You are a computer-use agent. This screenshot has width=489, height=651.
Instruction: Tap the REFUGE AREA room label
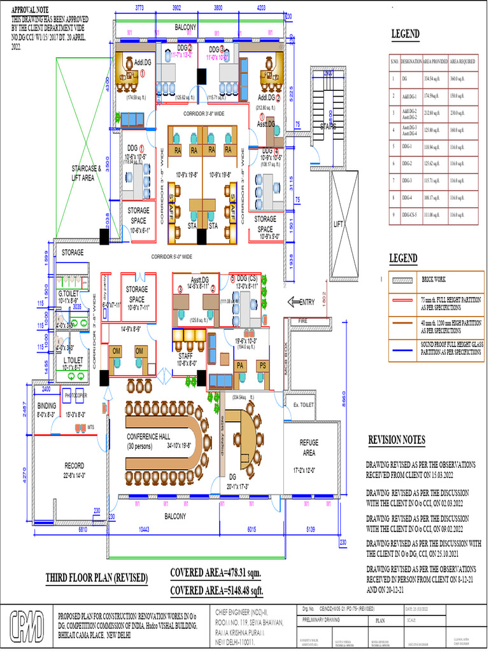[309, 447]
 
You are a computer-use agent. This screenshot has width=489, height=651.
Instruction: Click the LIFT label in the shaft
[339, 224]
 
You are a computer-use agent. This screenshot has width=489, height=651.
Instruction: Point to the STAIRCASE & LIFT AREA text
[86, 173]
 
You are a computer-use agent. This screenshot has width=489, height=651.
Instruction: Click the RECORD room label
[74, 465]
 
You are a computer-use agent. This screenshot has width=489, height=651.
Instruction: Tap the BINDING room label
[46, 405]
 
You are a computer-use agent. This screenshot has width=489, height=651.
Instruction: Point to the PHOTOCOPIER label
[71, 394]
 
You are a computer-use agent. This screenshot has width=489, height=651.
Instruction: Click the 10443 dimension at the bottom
[148, 529]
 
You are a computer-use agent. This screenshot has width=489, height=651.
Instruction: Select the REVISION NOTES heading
[397, 440]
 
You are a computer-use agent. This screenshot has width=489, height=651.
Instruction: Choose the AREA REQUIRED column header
[463, 62]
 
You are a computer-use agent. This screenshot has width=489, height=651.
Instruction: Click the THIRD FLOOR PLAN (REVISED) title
[97, 578]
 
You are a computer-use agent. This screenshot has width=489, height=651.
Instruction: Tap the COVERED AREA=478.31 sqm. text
[215, 573]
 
